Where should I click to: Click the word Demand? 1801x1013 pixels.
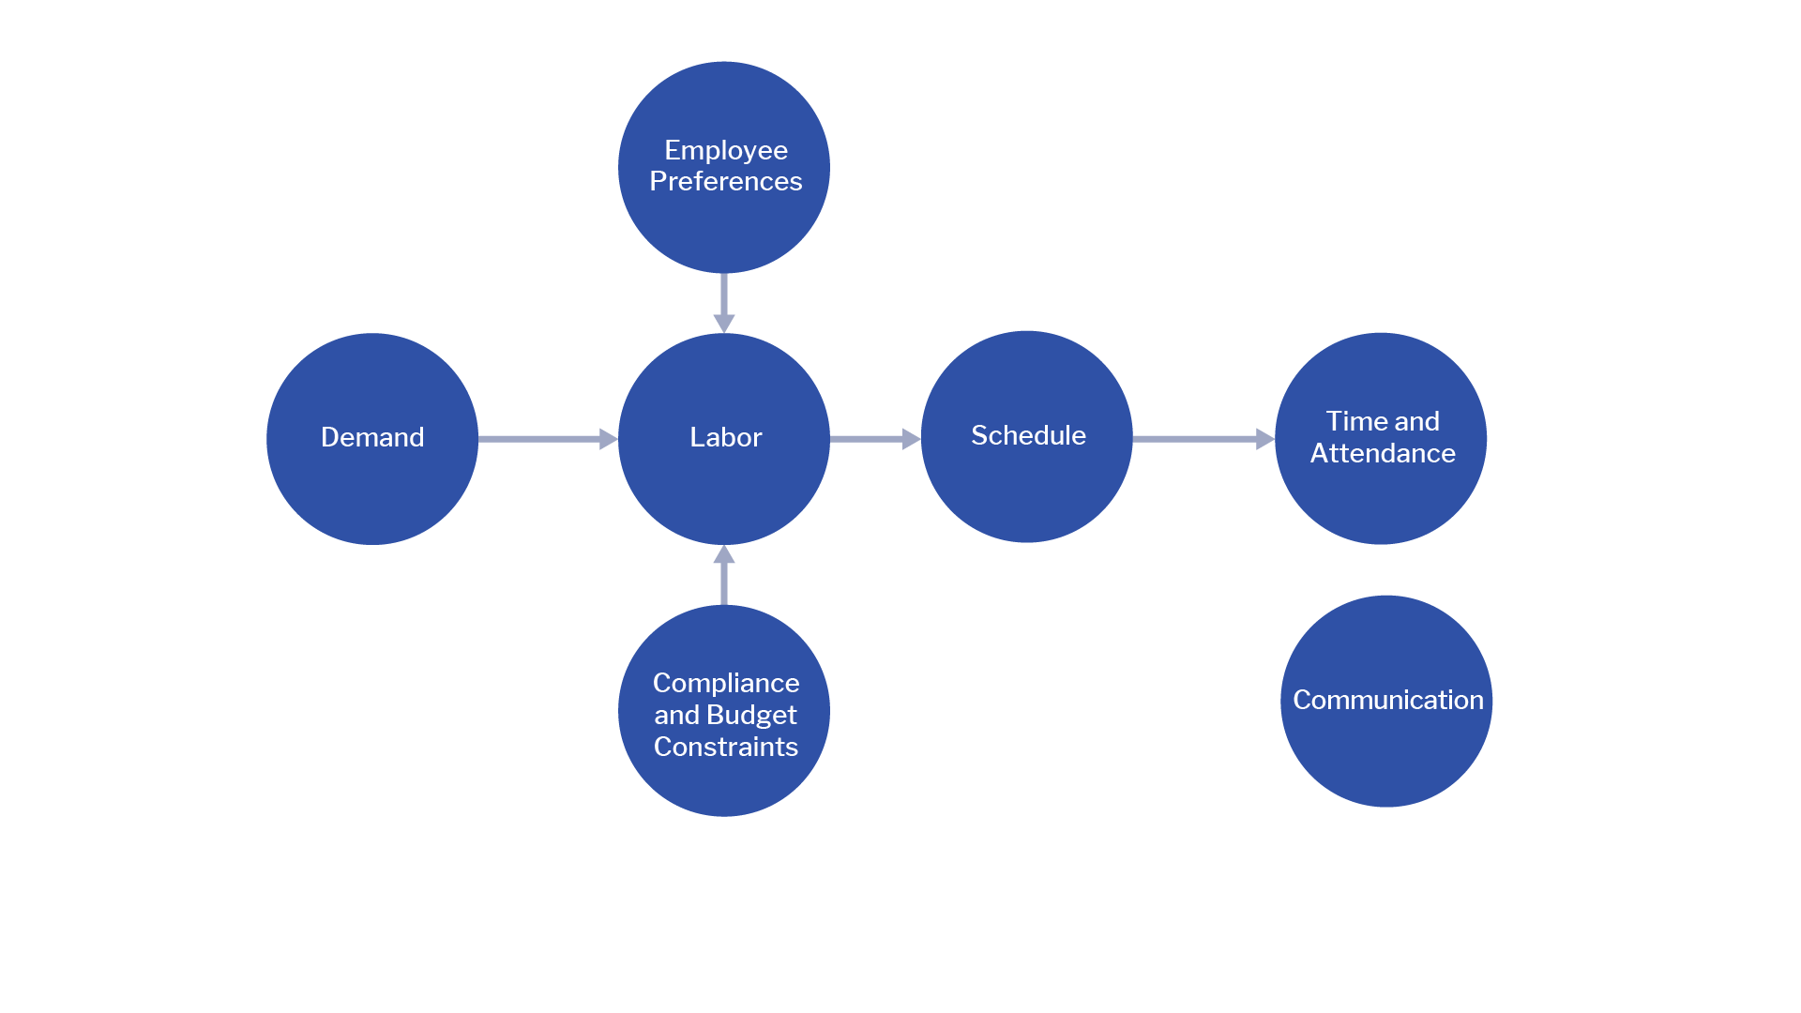point(372,437)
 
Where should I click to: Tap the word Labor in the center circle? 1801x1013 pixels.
point(725,437)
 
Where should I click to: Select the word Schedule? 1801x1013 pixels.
point(1028,435)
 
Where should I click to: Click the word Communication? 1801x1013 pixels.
point(1387,700)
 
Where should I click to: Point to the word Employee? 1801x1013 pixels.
point(725,150)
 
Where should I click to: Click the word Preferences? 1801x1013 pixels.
point(725,181)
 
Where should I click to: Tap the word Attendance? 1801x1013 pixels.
point(1383,453)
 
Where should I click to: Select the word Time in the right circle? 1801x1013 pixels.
point(1348,421)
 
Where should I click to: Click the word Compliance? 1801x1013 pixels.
point(725,683)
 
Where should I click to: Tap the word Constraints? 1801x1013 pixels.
point(725,747)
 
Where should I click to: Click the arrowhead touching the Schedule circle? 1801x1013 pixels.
point(911,438)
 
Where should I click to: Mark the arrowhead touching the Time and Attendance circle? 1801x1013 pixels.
point(1264,438)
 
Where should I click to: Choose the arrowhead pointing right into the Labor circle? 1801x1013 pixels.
point(608,438)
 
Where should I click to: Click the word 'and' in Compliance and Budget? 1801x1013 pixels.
point(676,715)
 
